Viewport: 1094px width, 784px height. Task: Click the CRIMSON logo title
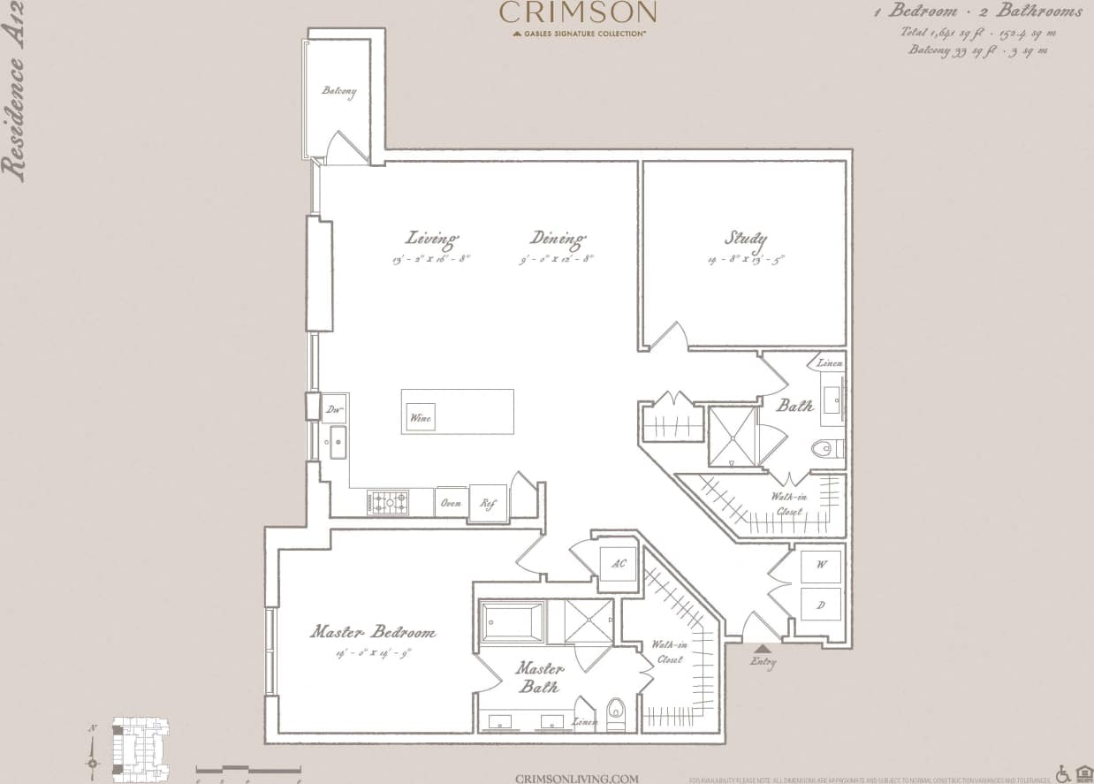(x=578, y=12)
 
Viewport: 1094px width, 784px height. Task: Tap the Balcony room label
(x=339, y=91)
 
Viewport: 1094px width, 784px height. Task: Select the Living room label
(x=432, y=239)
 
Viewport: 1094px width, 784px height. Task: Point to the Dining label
(x=558, y=239)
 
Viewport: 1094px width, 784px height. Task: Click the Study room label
(x=746, y=239)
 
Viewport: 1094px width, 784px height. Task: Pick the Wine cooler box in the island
(x=421, y=417)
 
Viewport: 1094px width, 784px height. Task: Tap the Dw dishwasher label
(x=334, y=409)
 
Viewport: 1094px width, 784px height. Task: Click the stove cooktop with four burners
(x=388, y=502)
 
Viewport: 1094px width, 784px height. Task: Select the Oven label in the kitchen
(x=451, y=503)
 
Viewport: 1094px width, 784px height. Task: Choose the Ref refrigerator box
(x=488, y=503)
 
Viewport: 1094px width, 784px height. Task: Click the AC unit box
(x=618, y=564)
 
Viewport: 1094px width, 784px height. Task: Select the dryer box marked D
(x=821, y=605)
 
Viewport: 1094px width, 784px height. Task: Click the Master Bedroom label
(x=372, y=632)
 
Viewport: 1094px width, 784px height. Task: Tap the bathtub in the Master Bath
(x=512, y=621)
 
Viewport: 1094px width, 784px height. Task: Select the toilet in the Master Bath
(x=616, y=712)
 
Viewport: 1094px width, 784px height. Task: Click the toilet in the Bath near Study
(x=824, y=449)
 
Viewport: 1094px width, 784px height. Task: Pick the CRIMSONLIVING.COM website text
(x=576, y=778)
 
